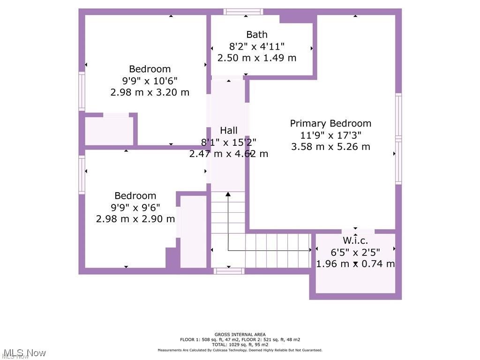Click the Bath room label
[x=257, y=35]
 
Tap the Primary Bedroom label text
[x=330, y=123]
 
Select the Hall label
[x=229, y=130]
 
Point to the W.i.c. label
[x=355, y=240]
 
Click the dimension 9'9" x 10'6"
[x=150, y=81]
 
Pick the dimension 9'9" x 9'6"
[x=135, y=208]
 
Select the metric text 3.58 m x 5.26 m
[x=330, y=147]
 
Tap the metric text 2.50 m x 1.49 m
[x=257, y=58]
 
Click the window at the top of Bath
[x=243, y=12]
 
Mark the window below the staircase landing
[x=229, y=271]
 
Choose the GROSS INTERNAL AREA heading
[x=240, y=335]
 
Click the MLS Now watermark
[x=24, y=353]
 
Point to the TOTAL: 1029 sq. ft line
[x=240, y=345]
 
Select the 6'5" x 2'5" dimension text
[x=355, y=252]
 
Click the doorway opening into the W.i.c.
[x=358, y=232]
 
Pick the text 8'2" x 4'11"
[x=257, y=46]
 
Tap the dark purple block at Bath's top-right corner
[x=298, y=19]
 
